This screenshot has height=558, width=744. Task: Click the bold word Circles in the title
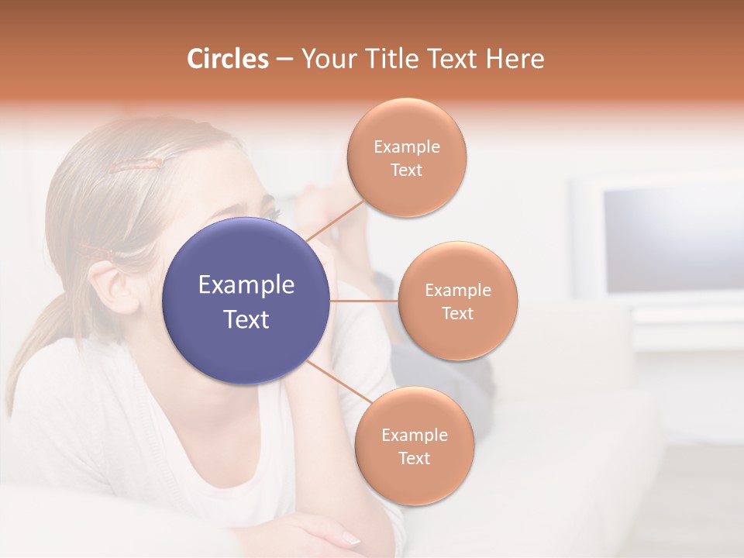pyautogui.click(x=227, y=59)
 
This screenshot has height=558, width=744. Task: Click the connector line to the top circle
pyautogui.click(x=336, y=220)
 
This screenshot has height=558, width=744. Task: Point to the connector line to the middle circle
pyautogui.click(x=364, y=301)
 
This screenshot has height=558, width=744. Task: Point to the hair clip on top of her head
pyautogui.click(x=136, y=164)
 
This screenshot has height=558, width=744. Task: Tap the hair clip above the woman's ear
pyautogui.click(x=97, y=251)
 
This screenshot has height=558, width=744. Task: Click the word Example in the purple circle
pyautogui.click(x=246, y=285)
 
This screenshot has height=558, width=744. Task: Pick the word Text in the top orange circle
pyautogui.click(x=406, y=170)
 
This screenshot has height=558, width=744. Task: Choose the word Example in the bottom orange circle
pyautogui.click(x=414, y=435)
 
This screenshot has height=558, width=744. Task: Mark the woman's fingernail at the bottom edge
pyautogui.click(x=350, y=539)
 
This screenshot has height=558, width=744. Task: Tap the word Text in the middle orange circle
pyautogui.click(x=457, y=313)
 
